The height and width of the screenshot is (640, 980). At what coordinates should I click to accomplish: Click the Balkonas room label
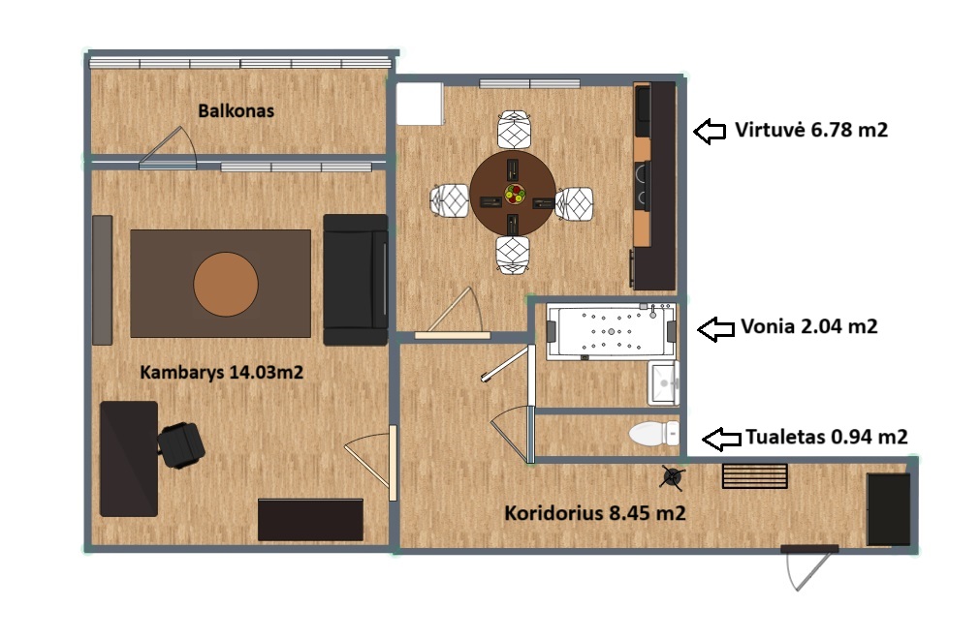click(x=236, y=111)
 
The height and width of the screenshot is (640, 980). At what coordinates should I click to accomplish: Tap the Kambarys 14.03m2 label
click(x=221, y=373)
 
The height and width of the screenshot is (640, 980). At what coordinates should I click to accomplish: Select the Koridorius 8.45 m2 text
click(x=595, y=513)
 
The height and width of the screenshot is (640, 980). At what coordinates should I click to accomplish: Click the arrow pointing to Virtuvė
click(x=710, y=131)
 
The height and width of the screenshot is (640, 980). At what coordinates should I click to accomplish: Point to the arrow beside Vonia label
click(x=715, y=329)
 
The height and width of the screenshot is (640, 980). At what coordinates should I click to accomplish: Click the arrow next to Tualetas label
click(x=721, y=439)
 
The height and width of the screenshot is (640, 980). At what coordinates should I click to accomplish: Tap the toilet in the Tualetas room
click(x=653, y=434)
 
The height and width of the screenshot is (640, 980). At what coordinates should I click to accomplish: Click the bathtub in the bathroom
click(x=611, y=331)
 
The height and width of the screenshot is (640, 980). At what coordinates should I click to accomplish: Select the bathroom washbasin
click(x=663, y=382)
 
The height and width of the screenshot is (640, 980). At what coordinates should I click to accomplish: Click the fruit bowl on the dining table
click(x=515, y=193)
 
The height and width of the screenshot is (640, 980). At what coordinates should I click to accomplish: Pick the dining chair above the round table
click(x=514, y=130)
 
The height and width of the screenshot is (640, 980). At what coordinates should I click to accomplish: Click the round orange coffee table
click(x=226, y=284)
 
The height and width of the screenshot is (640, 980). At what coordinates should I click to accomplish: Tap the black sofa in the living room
click(x=356, y=280)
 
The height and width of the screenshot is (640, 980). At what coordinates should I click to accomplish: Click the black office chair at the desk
click(x=180, y=445)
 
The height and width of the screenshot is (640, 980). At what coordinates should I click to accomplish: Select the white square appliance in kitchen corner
click(x=420, y=104)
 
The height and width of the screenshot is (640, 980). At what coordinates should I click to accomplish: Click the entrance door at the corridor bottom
click(x=808, y=566)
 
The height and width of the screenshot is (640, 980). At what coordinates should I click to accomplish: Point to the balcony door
click(x=168, y=148)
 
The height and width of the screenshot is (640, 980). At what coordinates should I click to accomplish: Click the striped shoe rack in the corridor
click(x=754, y=475)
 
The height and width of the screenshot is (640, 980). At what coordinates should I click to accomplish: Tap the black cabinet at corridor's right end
click(x=888, y=509)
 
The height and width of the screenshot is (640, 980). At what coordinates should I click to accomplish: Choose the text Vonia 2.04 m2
click(x=808, y=326)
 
